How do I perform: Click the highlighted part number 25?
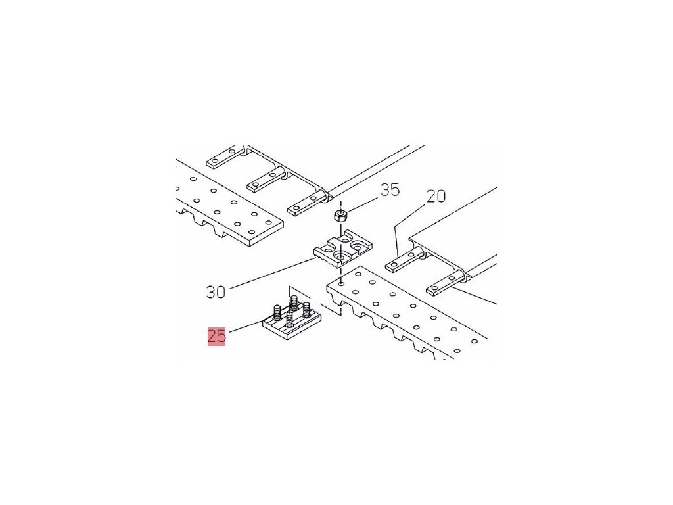(217, 336)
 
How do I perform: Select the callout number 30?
(215, 291)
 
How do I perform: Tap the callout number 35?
(390, 190)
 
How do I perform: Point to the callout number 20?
(436, 195)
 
